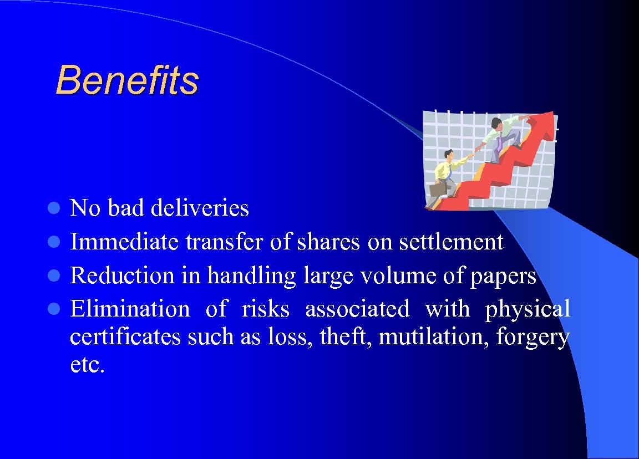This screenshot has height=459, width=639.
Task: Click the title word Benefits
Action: click(127, 80)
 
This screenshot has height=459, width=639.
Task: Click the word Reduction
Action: click(122, 276)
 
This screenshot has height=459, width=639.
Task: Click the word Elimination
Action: click(130, 309)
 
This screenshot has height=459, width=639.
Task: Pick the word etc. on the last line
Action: click(87, 365)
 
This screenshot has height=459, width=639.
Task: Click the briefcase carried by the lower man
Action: click(438, 190)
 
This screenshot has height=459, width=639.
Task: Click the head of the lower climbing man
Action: click(448, 155)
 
